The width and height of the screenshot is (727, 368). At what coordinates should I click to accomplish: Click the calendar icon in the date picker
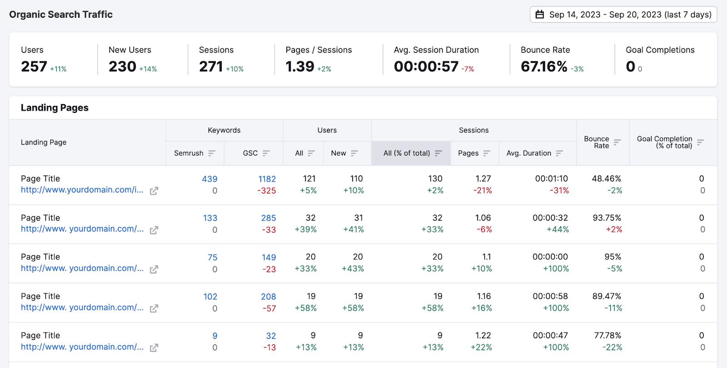coord(539,14)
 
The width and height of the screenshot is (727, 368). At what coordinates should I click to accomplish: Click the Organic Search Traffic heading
coord(61,14)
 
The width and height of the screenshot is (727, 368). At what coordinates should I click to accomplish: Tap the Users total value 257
coord(34,66)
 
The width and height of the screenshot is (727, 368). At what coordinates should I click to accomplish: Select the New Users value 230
coord(122,66)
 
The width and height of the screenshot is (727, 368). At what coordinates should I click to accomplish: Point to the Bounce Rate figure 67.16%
coord(544,66)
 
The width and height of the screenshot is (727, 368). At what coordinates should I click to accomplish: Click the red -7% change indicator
coord(468,69)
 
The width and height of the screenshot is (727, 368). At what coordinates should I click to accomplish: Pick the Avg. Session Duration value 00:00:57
coord(426,66)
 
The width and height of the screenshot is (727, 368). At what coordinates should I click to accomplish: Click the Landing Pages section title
coord(55,107)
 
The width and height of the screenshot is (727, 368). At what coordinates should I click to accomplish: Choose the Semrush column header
coord(189,153)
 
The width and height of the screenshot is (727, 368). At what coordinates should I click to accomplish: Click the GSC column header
coord(250,153)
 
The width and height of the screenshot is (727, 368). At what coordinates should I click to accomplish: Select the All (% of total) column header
coord(407,153)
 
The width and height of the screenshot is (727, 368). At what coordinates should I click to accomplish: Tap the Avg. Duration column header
coord(529,153)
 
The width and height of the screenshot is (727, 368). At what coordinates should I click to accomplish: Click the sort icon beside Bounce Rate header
coord(617,142)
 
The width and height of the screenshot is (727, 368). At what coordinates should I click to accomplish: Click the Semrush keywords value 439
coord(209,179)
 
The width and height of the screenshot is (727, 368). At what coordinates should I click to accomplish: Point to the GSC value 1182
coord(267,179)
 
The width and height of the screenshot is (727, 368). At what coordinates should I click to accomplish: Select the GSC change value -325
coord(266,191)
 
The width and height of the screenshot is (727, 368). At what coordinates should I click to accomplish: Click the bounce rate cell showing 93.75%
coord(607,217)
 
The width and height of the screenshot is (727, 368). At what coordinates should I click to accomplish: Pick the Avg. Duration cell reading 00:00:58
coord(550,296)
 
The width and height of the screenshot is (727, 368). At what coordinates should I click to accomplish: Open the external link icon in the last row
coord(154,348)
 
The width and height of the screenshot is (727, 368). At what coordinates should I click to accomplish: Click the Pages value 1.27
coord(483,179)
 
